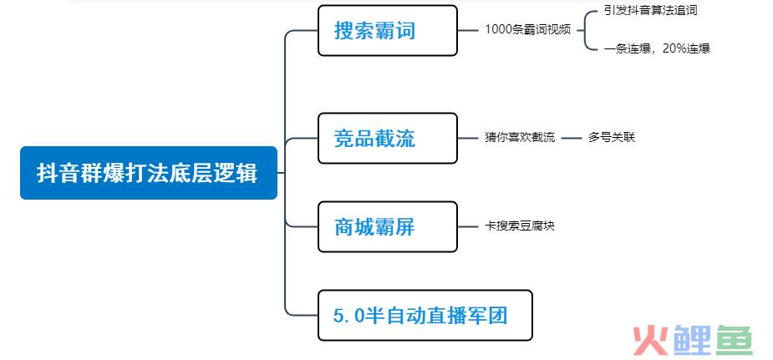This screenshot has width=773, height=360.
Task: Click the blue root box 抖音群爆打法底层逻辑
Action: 149,173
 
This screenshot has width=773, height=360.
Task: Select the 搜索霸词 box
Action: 388,31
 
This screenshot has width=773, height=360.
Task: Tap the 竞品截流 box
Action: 388,139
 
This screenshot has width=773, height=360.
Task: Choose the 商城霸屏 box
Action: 388,226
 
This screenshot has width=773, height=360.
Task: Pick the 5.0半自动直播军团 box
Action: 425,315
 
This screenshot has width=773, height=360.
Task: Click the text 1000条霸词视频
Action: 527,29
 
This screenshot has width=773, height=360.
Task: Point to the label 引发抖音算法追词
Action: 650,10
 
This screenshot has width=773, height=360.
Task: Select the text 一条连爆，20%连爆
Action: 657,48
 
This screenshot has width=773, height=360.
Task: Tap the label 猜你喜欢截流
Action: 520,137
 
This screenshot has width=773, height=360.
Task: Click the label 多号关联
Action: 612,137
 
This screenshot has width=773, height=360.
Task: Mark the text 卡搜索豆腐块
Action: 520,226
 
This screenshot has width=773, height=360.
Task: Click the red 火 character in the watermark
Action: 650,340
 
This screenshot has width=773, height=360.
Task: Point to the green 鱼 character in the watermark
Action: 734,340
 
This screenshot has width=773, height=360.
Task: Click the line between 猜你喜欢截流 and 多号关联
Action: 572,139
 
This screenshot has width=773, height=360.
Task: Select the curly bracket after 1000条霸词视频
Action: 585,30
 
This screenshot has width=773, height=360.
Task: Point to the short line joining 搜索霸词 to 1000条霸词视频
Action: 468,30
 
